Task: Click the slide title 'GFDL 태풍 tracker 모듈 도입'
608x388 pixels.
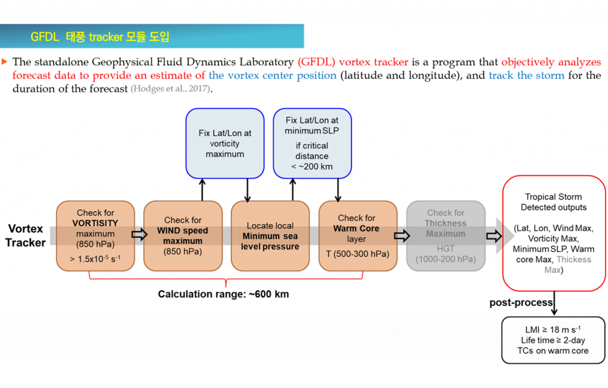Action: pyautogui.click(x=100, y=37)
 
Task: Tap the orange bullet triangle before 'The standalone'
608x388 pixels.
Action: pyautogui.click(x=5, y=62)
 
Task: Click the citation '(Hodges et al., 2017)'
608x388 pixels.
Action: pyautogui.click(x=171, y=89)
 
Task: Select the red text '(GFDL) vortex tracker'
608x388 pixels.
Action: pyautogui.click(x=353, y=62)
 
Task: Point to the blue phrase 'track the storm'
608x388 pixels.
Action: pyautogui.click(x=527, y=75)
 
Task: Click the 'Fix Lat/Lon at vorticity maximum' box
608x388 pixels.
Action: pyautogui.click(x=225, y=144)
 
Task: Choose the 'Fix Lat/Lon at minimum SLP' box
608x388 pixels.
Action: pyautogui.click(x=312, y=144)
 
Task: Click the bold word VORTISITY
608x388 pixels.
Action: pyautogui.click(x=95, y=223)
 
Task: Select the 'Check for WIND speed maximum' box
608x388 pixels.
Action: pyautogui.click(x=183, y=236)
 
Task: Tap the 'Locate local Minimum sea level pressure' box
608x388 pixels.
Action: pyautogui.click(x=270, y=236)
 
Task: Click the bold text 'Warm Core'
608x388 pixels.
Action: pyautogui.click(x=356, y=228)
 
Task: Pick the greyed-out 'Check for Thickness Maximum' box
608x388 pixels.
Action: pyautogui.click(x=445, y=236)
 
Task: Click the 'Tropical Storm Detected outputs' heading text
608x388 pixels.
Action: pyautogui.click(x=553, y=202)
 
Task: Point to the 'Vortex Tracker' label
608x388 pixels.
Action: pyautogui.click(x=25, y=236)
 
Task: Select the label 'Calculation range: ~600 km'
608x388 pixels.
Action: pyautogui.click(x=223, y=294)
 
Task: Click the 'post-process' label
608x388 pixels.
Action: pyautogui.click(x=521, y=303)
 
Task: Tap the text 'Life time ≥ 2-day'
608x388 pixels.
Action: pyautogui.click(x=553, y=341)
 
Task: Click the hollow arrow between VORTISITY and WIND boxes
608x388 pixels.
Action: pyautogui.click(x=139, y=234)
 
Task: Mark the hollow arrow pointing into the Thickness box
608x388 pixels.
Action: pyautogui.click(x=402, y=236)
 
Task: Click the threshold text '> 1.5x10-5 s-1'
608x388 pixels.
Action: pyautogui.click(x=95, y=259)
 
